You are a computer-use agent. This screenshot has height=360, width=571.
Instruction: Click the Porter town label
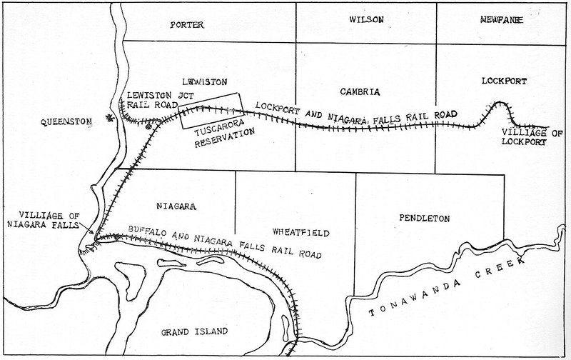click(x=188, y=24)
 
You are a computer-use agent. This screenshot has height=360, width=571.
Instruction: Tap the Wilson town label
click(x=366, y=21)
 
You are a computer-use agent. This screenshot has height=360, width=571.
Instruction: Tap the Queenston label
click(x=67, y=121)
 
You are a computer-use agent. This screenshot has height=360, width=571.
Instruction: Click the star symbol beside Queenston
click(x=108, y=118)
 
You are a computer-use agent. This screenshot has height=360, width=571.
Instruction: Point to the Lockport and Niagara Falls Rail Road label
click(x=355, y=114)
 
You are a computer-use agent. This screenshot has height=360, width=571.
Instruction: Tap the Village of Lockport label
click(x=525, y=137)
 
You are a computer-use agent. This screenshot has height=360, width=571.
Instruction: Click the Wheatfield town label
click(x=299, y=232)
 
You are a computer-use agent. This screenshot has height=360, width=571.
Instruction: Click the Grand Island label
click(x=195, y=331)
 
